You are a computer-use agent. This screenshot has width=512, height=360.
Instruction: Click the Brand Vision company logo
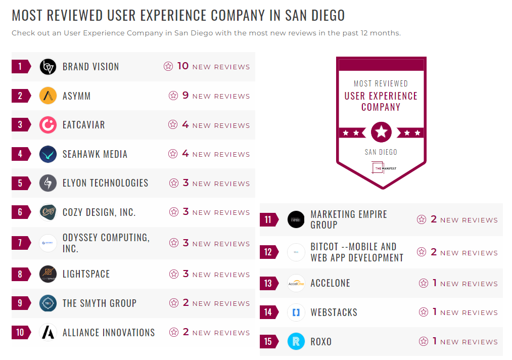coord(48,67)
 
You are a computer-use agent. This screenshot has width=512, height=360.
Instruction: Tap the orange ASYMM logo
coord(48,96)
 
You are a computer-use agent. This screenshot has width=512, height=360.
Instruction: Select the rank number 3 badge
coord(21,125)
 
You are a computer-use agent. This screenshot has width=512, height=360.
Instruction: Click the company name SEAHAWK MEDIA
coord(95,154)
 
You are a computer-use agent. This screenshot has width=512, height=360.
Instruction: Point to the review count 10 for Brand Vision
coord(182,66)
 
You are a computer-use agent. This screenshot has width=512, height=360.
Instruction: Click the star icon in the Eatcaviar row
coord(173,125)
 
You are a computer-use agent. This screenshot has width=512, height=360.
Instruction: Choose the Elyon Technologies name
coord(105,183)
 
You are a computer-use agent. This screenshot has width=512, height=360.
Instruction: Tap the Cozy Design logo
coord(48,212)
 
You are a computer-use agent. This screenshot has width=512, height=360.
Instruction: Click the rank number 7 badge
coord(21,243)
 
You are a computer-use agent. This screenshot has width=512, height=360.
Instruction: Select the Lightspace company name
coord(86,274)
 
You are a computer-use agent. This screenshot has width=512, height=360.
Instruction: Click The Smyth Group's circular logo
coord(48,303)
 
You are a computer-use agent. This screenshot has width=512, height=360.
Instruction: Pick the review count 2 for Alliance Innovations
coord(185,332)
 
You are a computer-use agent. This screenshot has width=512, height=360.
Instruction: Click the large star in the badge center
coord(381,132)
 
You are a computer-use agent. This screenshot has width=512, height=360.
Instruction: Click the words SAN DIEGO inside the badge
coord(381,152)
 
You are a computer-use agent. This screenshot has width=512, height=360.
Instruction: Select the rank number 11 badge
coord(268,220)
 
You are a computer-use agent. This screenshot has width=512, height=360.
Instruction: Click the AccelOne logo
coord(296,283)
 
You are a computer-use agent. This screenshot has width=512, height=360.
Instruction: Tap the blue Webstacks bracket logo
coord(296,312)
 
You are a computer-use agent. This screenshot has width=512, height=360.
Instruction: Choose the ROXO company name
coord(321,342)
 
